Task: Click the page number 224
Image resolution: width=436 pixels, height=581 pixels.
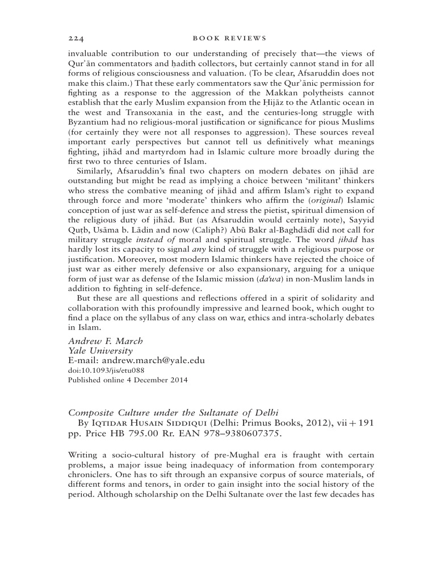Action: [76, 39]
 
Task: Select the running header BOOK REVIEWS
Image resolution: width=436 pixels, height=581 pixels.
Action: [229, 39]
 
